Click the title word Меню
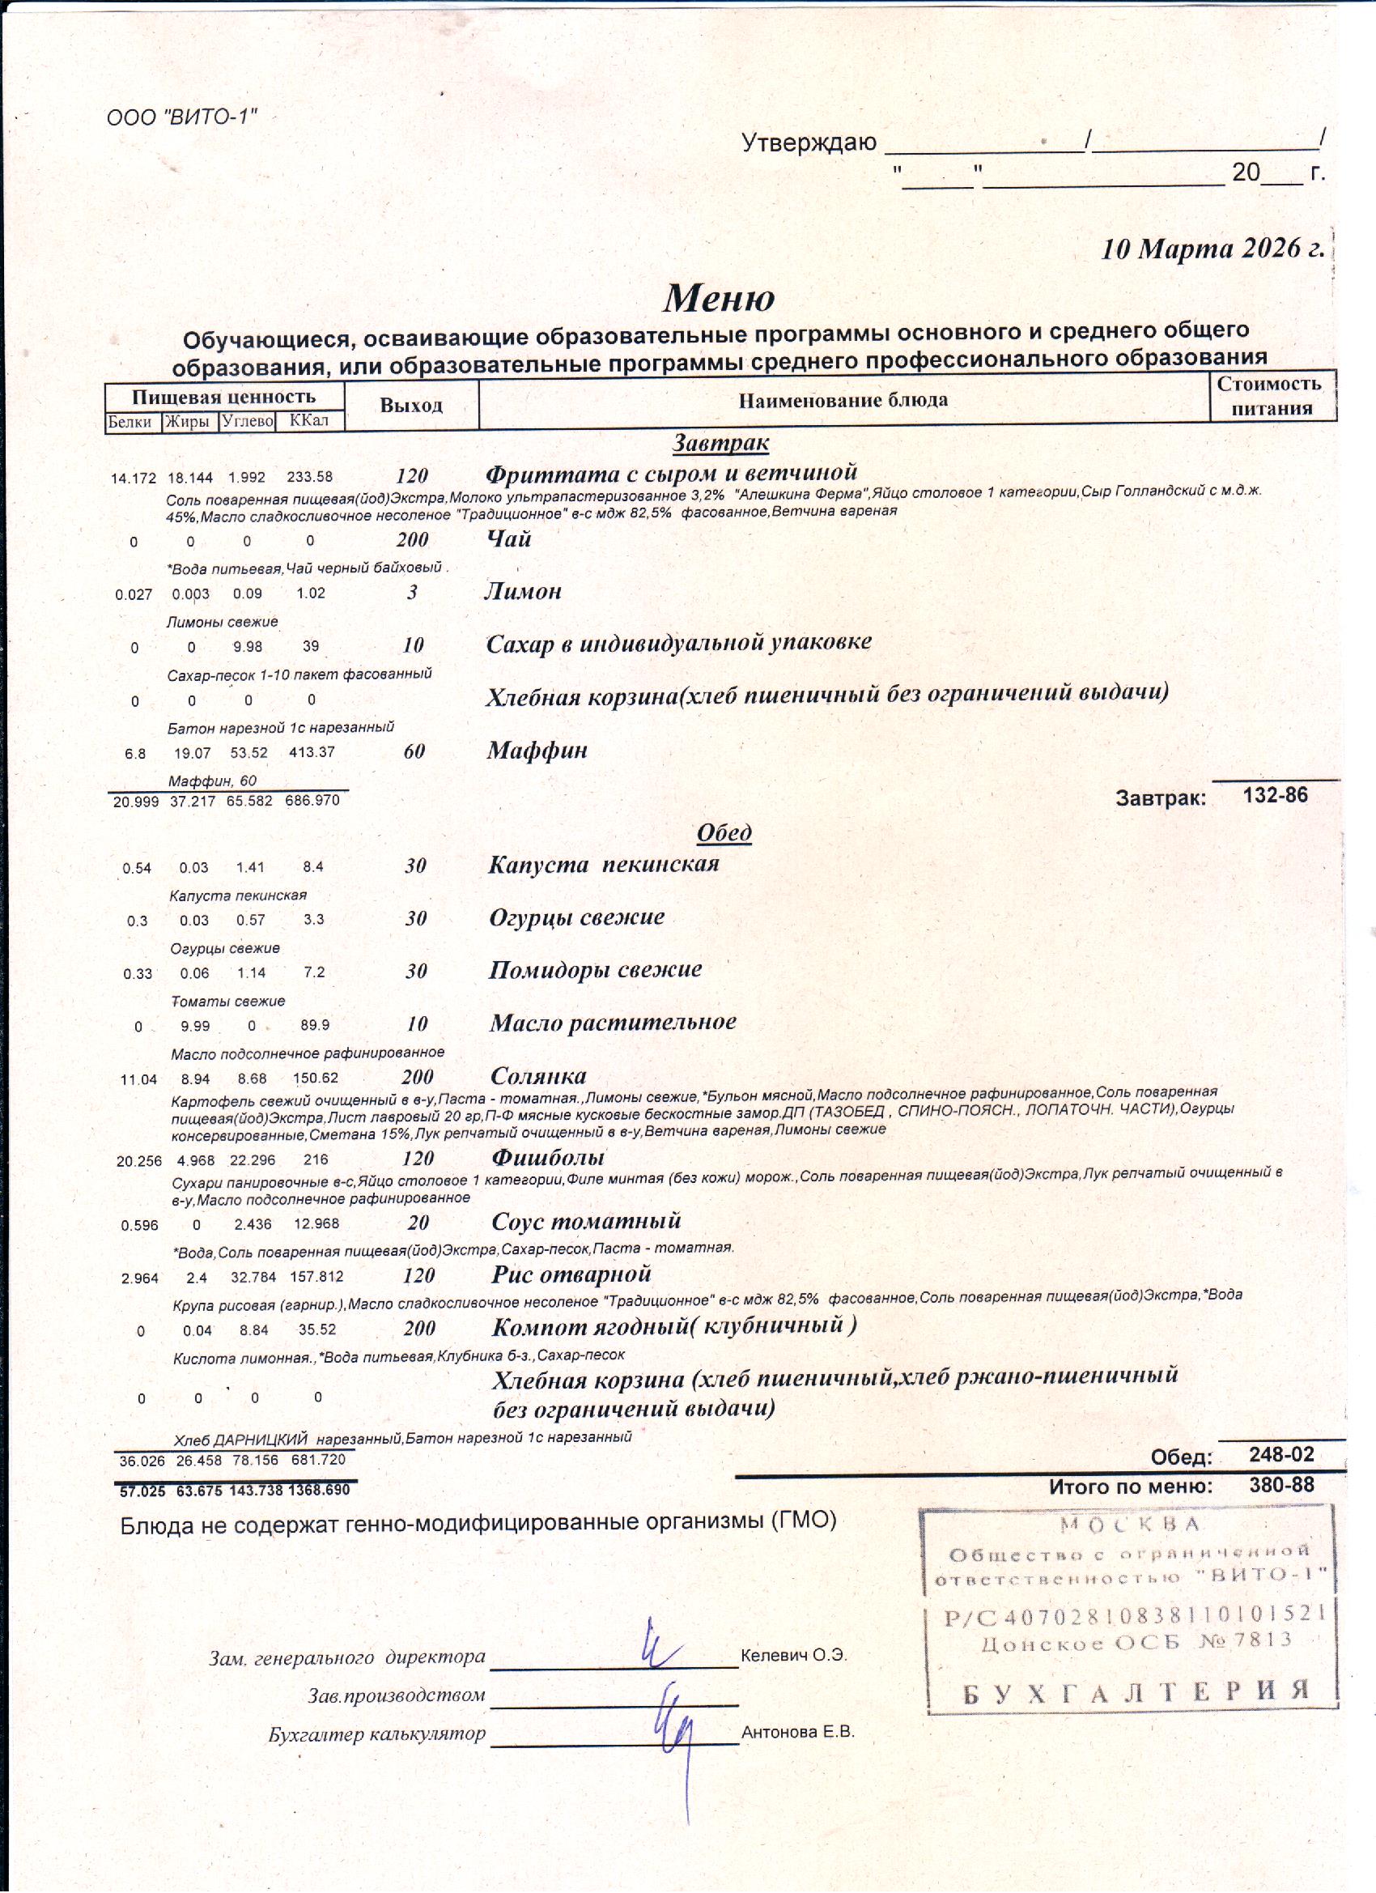tap(719, 298)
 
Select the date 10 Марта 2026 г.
tap(1212, 249)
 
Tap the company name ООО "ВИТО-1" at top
tap(181, 116)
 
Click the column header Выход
tap(410, 406)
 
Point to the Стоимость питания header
tap(1271, 396)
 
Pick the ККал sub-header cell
tap(308, 421)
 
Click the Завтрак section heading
tap(721, 442)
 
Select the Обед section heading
tap(724, 832)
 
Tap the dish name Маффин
tap(537, 751)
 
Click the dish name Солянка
tap(538, 1075)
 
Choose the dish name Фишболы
tap(548, 1157)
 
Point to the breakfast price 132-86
tap(1275, 794)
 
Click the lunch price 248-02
tap(1280, 1455)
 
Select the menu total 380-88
tap(1280, 1484)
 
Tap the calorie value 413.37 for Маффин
tap(312, 752)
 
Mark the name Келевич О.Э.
tap(793, 1655)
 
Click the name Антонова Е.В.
tap(798, 1732)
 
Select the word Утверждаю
tap(809, 143)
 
